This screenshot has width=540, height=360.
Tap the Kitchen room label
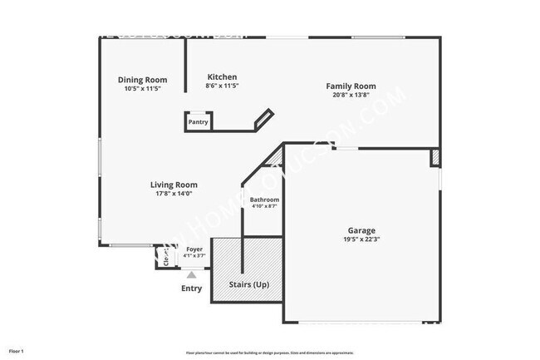click(222, 76)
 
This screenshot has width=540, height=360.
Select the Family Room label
click(351, 86)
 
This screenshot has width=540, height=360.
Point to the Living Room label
click(174, 185)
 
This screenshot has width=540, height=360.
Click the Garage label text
click(361, 230)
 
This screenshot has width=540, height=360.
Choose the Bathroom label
click(264, 200)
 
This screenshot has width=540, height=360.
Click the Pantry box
click(198, 122)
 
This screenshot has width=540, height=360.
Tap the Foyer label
click(194, 249)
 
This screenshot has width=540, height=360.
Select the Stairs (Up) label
click(248, 285)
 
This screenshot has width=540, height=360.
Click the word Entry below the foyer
click(191, 288)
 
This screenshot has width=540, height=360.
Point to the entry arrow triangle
click(191, 274)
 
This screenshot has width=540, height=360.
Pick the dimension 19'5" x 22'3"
click(361, 239)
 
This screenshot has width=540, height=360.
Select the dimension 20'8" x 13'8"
click(351, 95)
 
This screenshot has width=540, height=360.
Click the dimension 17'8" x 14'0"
click(174, 194)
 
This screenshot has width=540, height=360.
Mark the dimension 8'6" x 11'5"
click(222, 86)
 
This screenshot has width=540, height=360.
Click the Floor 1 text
click(17, 352)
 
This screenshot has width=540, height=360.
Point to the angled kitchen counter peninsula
click(263, 119)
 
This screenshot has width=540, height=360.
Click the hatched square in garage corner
click(434, 157)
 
